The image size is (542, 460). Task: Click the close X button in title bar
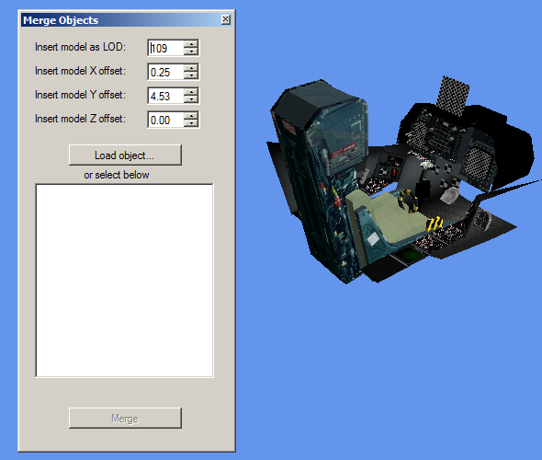[x=226, y=19]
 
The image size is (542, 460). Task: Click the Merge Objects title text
[x=61, y=20]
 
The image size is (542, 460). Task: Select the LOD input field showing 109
[x=165, y=48]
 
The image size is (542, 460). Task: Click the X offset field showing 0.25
[x=165, y=72]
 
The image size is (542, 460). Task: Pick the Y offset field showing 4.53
[x=165, y=96]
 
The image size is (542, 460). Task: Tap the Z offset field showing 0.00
[x=165, y=120]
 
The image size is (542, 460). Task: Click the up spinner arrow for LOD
[x=191, y=44]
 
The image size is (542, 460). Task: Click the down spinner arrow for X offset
[x=191, y=75]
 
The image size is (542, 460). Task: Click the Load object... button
[x=125, y=155]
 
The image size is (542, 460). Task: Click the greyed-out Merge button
[x=125, y=418]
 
